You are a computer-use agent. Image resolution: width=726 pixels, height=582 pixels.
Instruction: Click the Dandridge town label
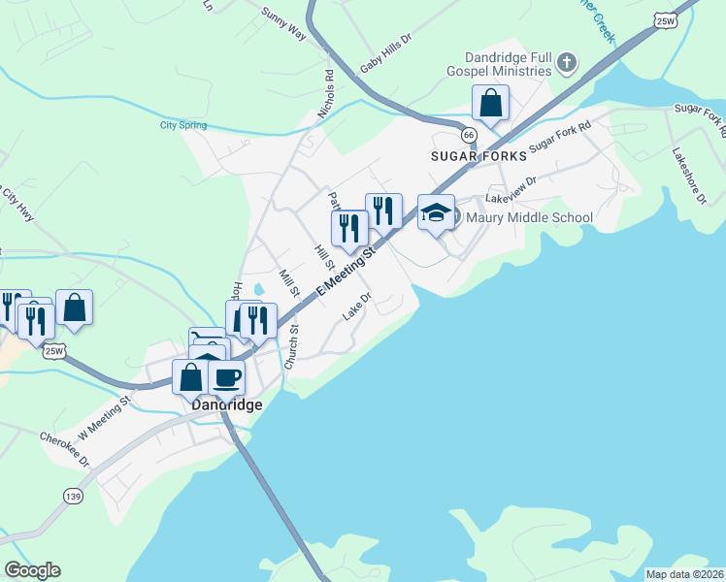pyautogui.click(x=227, y=404)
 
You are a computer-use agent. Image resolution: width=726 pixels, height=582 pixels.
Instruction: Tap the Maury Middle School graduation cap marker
pyautogui.click(x=436, y=212)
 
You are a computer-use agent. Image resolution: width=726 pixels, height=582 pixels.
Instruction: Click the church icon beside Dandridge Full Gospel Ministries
pyautogui.click(x=568, y=65)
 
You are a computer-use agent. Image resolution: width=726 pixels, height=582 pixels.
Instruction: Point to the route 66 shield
pyautogui.click(x=469, y=134)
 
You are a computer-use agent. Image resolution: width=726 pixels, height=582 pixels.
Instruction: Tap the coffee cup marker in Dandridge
pyautogui.click(x=227, y=376)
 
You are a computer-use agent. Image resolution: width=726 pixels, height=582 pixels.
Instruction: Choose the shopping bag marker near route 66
pyautogui.click(x=491, y=102)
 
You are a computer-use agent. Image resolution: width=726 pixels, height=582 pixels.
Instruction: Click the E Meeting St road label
pyautogui.click(x=346, y=271)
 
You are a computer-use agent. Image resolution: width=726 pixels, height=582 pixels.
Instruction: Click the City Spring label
pyautogui.click(x=183, y=124)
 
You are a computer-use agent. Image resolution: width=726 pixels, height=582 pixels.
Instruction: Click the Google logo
pyautogui.click(x=32, y=570)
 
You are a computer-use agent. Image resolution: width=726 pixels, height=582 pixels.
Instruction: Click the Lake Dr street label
pyautogui.click(x=357, y=307)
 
